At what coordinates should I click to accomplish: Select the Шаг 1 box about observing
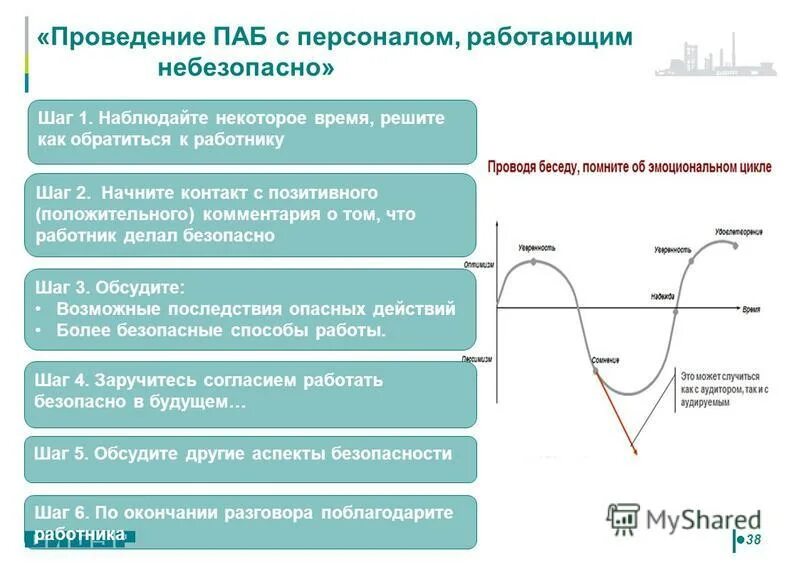click(x=251, y=130)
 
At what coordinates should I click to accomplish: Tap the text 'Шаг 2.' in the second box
click(x=63, y=191)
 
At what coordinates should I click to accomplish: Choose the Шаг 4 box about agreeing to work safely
click(x=251, y=392)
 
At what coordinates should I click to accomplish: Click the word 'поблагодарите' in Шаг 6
click(x=387, y=512)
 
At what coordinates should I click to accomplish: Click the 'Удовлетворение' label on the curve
click(x=738, y=231)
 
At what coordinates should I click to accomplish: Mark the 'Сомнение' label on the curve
click(x=605, y=359)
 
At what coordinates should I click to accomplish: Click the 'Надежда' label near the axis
click(x=661, y=296)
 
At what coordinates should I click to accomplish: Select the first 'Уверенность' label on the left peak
click(x=536, y=246)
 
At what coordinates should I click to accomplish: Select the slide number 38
click(x=753, y=540)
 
